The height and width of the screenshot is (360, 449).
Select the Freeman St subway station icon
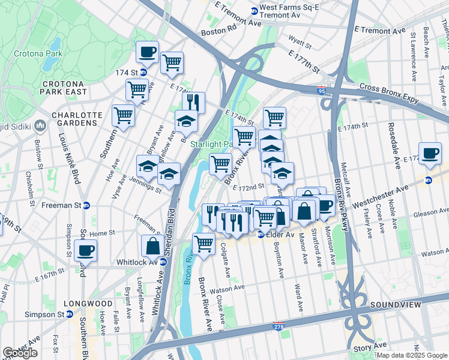pos(86,205)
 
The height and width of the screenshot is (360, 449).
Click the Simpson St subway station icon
pos(70,314)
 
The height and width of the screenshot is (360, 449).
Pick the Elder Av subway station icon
pos(261,234)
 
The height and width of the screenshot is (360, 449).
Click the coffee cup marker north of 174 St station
pos(147,52)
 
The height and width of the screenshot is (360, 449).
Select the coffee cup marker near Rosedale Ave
pos(429,154)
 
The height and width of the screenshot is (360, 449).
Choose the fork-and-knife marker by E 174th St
pos(193,102)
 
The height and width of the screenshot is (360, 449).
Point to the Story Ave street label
pos(388,346)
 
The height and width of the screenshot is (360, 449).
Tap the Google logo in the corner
pos(19,353)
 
